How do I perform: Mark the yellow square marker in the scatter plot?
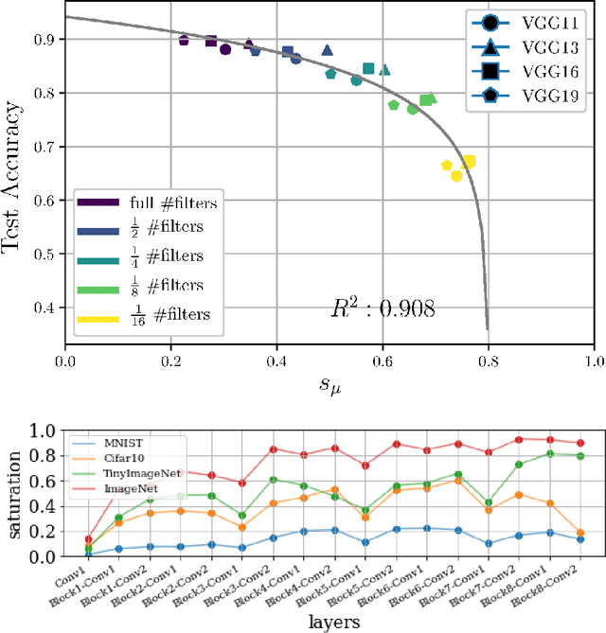click(468, 162)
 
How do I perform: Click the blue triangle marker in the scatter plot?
click(327, 50)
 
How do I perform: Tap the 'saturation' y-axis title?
click(14, 494)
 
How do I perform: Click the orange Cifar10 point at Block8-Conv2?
click(579, 533)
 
